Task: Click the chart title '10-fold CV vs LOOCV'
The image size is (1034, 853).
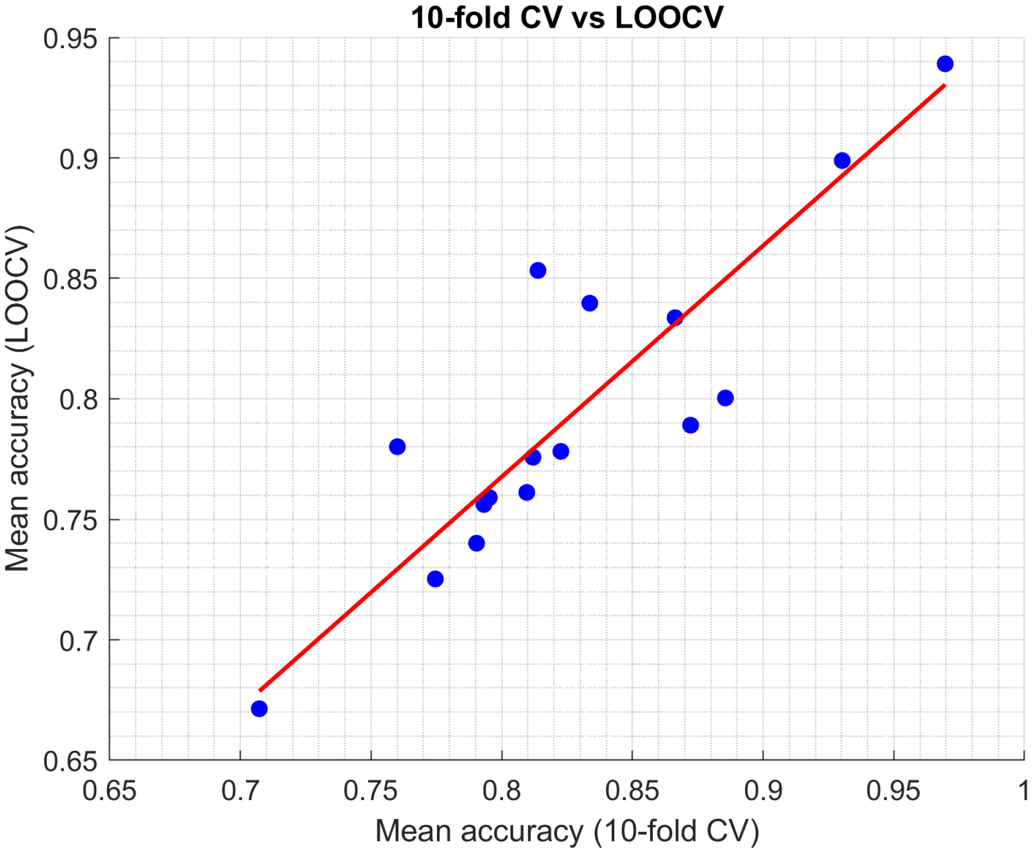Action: tap(566, 17)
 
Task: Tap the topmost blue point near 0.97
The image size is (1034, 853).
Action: tap(944, 64)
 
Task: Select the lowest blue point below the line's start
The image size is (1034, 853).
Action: tap(259, 709)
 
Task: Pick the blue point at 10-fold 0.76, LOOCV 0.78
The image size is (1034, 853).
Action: tap(397, 447)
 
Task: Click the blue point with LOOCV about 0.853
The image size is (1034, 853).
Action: tap(537, 270)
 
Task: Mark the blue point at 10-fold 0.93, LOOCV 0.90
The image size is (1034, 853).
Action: tap(841, 161)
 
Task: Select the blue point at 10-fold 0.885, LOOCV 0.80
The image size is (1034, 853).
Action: tap(725, 398)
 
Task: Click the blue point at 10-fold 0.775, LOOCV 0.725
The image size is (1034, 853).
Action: tap(435, 579)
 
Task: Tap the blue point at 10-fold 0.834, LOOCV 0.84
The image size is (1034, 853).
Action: tap(589, 303)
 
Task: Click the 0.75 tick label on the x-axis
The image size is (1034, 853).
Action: tap(370, 791)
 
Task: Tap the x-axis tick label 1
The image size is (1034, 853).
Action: tap(1023, 791)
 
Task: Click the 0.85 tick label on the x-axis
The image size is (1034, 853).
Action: tap(632, 791)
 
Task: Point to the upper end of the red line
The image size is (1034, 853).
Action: tap(944, 85)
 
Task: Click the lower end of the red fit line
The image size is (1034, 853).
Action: tap(260, 690)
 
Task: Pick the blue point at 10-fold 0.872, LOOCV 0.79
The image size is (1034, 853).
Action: tap(690, 425)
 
